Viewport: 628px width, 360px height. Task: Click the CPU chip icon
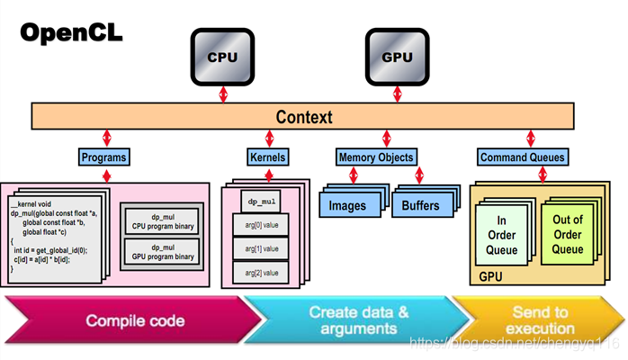coord(222,57)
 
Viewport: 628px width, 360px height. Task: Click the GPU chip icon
coord(397,57)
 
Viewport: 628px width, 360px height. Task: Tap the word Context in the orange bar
coord(303,117)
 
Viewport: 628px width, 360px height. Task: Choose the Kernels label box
coord(267,157)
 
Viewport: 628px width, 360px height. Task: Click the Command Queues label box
coord(523,157)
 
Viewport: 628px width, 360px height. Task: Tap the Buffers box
coord(419,205)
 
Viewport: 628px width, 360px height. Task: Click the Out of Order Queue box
coord(568,233)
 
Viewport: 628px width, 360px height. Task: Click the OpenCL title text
coord(72,34)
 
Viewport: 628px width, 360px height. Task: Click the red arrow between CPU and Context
coord(223,94)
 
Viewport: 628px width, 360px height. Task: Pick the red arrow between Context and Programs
coord(107,139)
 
